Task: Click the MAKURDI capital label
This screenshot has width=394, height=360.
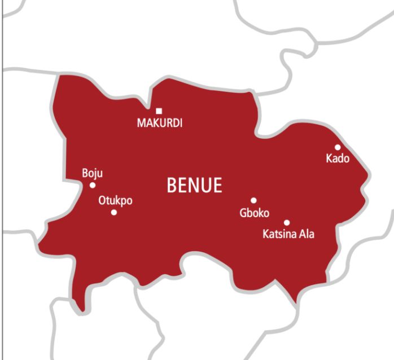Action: point(160,123)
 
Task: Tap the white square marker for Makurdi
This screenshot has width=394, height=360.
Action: point(159,111)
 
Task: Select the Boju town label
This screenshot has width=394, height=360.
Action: point(93,173)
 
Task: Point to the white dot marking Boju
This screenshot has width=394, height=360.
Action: point(93,185)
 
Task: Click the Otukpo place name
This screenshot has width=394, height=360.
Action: point(115,200)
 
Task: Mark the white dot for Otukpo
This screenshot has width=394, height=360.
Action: point(114,212)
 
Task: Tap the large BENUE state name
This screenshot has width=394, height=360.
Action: point(194,185)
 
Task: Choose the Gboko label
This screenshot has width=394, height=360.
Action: point(254,213)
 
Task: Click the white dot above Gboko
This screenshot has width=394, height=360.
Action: point(253,200)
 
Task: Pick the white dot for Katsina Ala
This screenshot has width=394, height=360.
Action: point(287,222)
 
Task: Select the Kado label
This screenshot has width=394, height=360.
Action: point(338,159)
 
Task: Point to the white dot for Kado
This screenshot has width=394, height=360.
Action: point(338,147)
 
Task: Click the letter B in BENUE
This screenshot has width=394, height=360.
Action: point(172,185)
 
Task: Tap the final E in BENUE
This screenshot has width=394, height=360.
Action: point(217,185)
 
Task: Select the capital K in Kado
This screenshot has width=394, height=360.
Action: point(329,159)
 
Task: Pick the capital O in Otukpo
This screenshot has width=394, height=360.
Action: point(103,200)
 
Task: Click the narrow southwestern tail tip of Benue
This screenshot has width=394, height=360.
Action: point(82,308)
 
